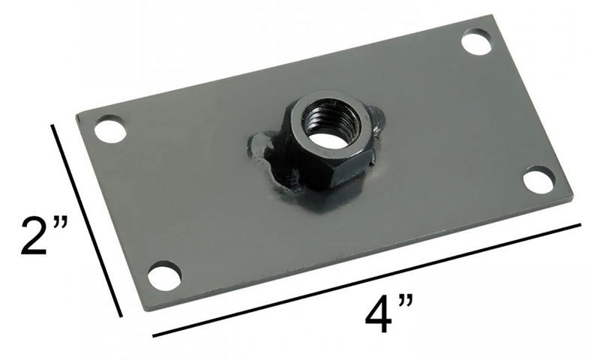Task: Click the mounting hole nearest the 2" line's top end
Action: click(110, 130)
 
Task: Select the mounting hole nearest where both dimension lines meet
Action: click(163, 275)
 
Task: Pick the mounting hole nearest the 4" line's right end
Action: click(538, 180)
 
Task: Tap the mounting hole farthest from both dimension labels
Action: click(476, 40)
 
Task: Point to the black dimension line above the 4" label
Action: click(367, 278)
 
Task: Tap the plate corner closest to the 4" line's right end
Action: click(573, 196)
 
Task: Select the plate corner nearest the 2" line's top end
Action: click(77, 117)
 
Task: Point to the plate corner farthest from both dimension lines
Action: click(496, 15)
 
